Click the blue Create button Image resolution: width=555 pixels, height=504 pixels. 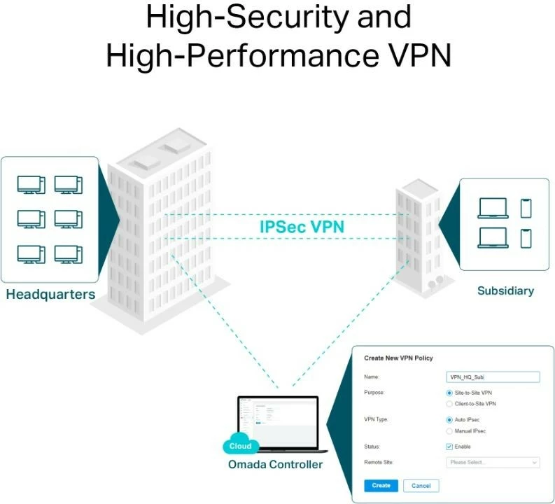381,485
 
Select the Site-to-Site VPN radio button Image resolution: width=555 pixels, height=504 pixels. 449,393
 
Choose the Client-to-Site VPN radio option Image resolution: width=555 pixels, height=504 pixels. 449,404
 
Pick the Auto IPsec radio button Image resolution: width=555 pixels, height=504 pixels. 449,419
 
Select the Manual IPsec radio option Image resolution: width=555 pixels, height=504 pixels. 449,430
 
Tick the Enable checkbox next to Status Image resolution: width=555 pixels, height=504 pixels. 449,447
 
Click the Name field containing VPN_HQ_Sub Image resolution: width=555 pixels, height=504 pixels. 493,377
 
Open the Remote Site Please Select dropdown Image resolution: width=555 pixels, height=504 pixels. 493,462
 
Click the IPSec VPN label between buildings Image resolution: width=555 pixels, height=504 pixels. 302,227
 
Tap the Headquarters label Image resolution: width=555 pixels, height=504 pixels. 50,294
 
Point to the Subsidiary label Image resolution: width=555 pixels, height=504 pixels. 505,290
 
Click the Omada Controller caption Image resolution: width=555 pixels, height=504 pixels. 275,464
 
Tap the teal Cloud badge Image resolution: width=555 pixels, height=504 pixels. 240,446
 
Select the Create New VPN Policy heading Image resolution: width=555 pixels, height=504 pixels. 398,358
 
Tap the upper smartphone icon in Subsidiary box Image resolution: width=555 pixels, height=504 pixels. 526,208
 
